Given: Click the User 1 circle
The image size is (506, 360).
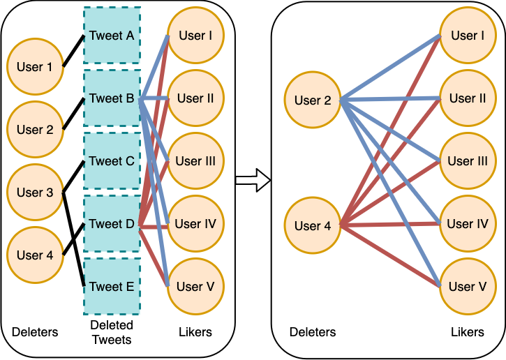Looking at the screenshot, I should [34, 67].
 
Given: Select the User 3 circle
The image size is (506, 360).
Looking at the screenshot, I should [34, 192].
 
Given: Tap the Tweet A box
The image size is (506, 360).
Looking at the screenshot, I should [112, 36].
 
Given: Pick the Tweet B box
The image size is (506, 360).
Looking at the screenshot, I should [112, 98].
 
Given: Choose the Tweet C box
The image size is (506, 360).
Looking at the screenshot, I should [112, 161].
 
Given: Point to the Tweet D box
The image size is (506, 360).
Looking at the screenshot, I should [112, 224].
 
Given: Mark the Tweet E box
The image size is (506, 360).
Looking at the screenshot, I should [112, 287].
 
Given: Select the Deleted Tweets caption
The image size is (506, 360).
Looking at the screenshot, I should [112, 332].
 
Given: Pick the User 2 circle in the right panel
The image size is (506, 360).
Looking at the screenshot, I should [312, 100].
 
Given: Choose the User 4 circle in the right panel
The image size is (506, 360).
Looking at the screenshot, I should [312, 225].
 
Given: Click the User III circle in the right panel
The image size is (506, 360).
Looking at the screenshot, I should [467, 161].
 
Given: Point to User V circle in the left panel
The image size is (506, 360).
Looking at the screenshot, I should [195, 286].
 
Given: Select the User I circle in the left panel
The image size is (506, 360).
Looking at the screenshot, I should [195, 36].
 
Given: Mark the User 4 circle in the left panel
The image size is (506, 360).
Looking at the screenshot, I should [34, 255].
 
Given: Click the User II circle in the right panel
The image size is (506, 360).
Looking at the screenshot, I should [467, 98].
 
